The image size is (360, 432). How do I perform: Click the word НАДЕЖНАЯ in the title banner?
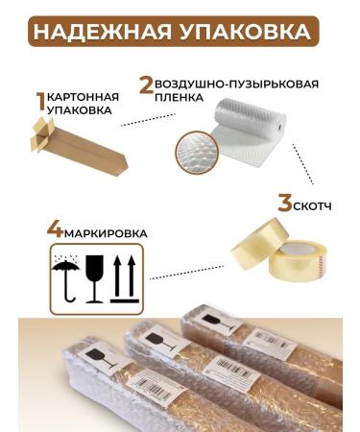[105, 31]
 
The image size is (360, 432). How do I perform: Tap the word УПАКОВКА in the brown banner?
[245, 31]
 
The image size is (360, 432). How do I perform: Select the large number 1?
[40, 102]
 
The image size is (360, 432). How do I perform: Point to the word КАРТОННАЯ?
[84, 97]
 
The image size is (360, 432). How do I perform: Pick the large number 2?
[146, 84]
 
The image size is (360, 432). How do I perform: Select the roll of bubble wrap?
[246, 131]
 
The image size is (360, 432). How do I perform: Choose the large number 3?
[284, 204]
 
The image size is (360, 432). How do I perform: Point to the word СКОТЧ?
[318, 204]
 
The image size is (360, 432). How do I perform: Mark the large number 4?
[55, 231]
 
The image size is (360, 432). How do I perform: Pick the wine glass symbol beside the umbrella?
[95, 276]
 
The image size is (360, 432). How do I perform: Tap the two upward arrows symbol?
[122, 276]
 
